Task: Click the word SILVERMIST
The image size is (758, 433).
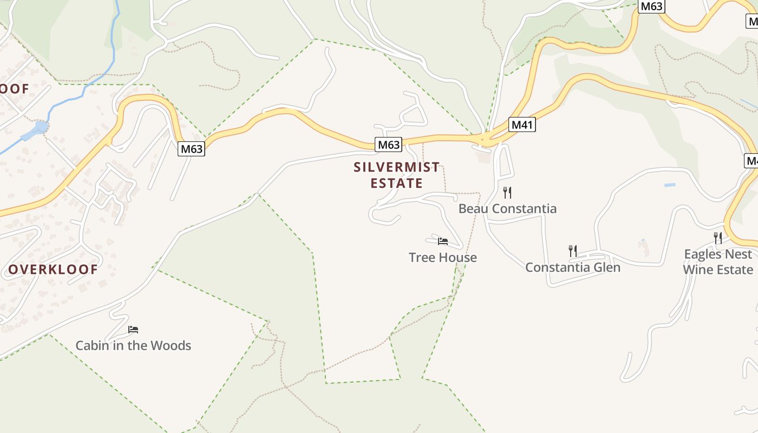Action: [x=397, y=167]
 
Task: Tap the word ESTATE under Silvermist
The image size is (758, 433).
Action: [x=397, y=183]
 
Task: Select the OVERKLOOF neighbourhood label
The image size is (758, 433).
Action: [x=53, y=270]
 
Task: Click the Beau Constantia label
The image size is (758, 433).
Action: [x=507, y=208]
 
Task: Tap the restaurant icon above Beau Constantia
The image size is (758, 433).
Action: [x=507, y=192]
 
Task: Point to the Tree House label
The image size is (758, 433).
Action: [x=443, y=257]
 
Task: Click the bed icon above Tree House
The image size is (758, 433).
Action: [x=443, y=241]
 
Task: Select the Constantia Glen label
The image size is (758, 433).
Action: [x=573, y=267]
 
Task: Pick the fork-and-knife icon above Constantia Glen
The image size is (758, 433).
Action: [x=573, y=251]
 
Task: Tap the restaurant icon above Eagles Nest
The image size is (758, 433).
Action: [x=718, y=238]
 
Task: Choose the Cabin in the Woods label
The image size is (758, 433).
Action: [x=133, y=345]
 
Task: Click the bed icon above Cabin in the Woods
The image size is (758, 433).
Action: [x=133, y=329]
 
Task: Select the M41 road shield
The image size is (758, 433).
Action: [x=522, y=125]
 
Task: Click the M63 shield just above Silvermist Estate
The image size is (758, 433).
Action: [x=389, y=145]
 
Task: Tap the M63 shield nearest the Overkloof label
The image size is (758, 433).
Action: [x=192, y=149]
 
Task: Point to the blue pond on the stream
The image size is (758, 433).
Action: [x=36, y=130]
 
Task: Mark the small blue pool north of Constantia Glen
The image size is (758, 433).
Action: [x=670, y=185]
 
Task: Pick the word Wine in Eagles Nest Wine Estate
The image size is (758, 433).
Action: [x=698, y=270]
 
